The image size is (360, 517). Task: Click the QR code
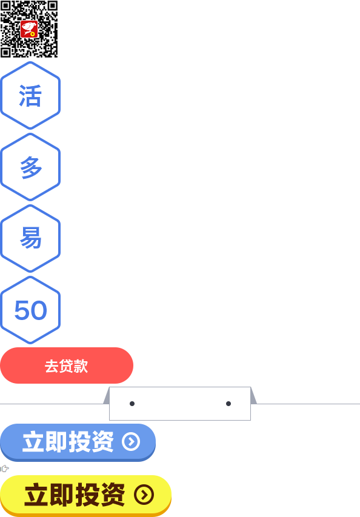(x=29, y=29)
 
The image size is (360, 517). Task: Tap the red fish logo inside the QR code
(x=29, y=29)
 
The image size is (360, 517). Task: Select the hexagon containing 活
(x=30, y=95)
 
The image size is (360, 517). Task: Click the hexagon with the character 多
(x=30, y=167)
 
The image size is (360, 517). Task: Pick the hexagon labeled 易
(x=30, y=238)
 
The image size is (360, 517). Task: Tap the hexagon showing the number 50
(x=30, y=310)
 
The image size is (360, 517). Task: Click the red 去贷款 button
(x=67, y=365)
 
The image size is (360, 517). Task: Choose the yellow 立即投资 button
(x=85, y=496)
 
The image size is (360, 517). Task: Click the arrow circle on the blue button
(x=131, y=441)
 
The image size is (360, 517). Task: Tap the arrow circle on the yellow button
(x=144, y=495)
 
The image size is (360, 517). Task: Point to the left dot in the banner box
(x=132, y=404)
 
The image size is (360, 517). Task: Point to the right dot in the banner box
(x=228, y=404)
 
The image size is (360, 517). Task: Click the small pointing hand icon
(x=5, y=468)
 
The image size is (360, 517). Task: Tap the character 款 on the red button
(x=81, y=366)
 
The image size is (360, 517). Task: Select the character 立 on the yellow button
(x=36, y=495)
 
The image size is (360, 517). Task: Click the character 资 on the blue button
(x=102, y=441)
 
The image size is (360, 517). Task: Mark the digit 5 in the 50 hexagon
(x=22, y=310)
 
